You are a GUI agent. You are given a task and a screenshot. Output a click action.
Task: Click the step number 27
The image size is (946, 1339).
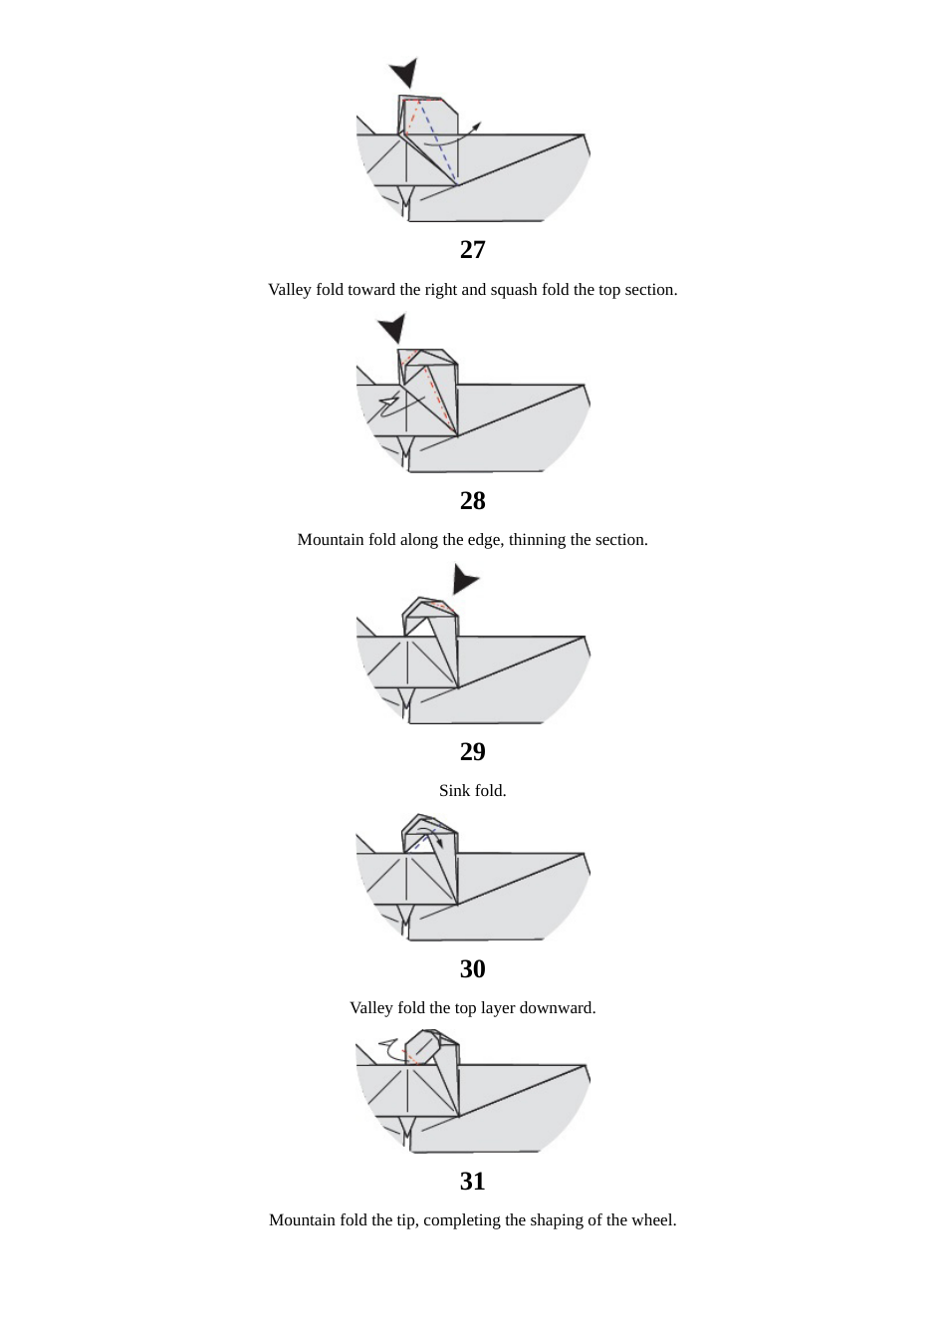click(472, 249)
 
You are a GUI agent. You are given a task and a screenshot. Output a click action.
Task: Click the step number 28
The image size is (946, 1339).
click(472, 500)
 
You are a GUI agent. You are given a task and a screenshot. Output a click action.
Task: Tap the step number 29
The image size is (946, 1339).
click(472, 751)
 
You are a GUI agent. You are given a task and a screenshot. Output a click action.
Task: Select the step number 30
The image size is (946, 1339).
click(472, 968)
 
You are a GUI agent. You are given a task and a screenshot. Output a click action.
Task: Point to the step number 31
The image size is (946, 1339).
click(472, 1181)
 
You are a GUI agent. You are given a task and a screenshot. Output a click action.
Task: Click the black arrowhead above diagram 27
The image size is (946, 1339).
click(404, 73)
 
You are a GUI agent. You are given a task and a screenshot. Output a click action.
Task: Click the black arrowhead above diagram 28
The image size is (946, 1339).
click(392, 327)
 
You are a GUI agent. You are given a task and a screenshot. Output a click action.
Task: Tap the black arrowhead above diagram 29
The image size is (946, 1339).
click(464, 579)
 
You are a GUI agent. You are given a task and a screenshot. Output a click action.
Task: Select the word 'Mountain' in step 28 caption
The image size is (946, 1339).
click(331, 540)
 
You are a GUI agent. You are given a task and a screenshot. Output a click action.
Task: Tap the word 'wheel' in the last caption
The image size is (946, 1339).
click(652, 1220)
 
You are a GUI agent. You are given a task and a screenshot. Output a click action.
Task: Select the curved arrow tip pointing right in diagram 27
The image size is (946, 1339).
click(477, 126)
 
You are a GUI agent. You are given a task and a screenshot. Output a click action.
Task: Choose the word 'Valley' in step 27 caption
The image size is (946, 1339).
click(290, 290)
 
